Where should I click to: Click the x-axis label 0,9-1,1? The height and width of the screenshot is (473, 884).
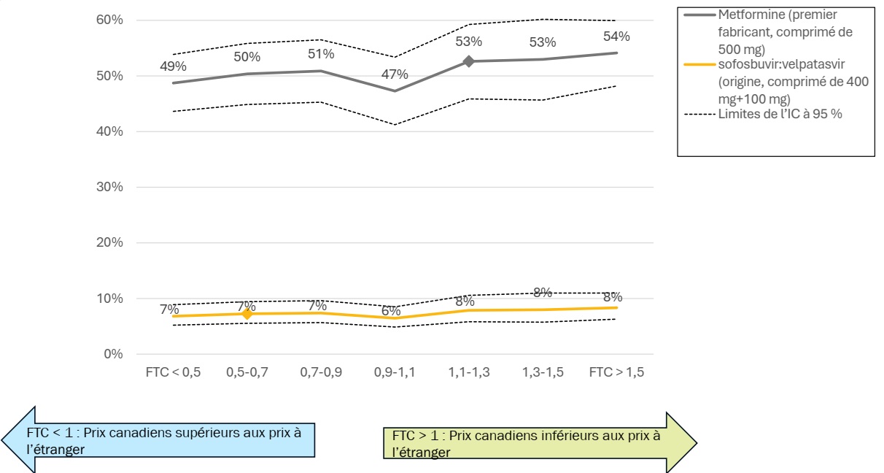click(395, 372)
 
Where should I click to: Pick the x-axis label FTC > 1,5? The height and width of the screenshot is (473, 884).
click(616, 372)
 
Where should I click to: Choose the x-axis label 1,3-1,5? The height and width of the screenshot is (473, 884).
click(543, 372)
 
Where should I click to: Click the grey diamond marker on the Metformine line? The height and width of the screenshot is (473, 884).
click(469, 61)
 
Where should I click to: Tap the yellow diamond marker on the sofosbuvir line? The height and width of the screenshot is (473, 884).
click(247, 314)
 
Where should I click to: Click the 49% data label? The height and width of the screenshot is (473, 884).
click(173, 66)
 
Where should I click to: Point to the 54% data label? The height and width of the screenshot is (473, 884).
click(616, 36)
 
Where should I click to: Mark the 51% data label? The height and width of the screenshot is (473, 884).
click(321, 54)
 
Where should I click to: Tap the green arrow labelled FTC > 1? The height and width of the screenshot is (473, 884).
click(540, 443)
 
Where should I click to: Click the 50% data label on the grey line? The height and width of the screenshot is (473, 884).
click(247, 57)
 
